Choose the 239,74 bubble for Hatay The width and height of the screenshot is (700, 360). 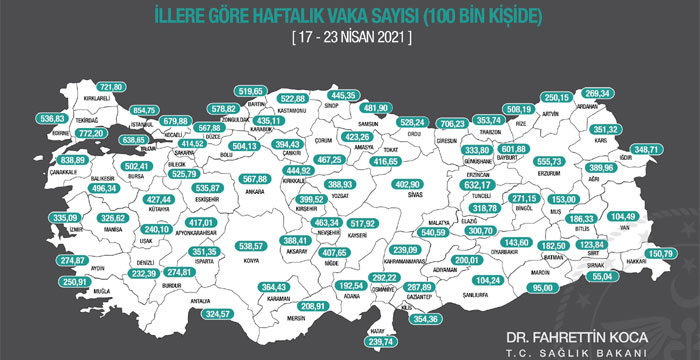(x=401, y=341)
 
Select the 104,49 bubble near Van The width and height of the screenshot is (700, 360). (x=651, y=217)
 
